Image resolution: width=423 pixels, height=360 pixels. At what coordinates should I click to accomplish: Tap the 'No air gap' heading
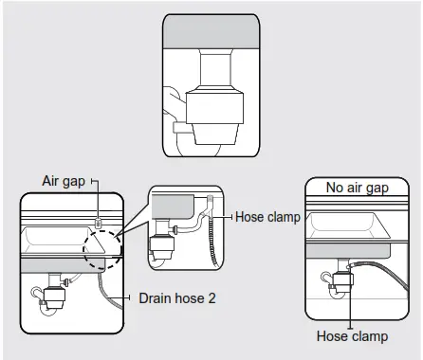click(359, 188)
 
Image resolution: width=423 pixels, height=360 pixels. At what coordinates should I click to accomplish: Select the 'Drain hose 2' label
click(178, 297)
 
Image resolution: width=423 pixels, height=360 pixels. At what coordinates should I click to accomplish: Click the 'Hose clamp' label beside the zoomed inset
click(267, 217)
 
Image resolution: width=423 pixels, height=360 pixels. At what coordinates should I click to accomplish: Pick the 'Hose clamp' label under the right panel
click(352, 335)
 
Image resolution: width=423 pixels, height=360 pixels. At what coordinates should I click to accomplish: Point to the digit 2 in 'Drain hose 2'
click(211, 297)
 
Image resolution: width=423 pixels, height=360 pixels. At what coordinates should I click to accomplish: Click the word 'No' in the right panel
click(335, 188)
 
